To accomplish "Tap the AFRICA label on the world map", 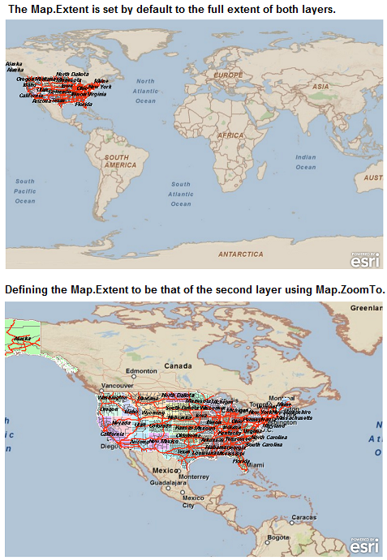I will (x=230, y=135).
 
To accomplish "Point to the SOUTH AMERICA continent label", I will (x=116, y=160).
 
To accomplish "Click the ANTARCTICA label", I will (x=241, y=254).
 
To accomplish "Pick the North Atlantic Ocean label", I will (x=145, y=91).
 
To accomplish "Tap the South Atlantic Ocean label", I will (x=181, y=194).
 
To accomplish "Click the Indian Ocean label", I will (x=306, y=162).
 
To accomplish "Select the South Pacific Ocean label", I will (x=25, y=190).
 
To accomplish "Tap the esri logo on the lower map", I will (x=364, y=547).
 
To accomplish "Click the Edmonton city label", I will (x=140, y=371).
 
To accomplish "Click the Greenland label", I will (x=366, y=308).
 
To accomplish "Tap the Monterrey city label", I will (x=193, y=477).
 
